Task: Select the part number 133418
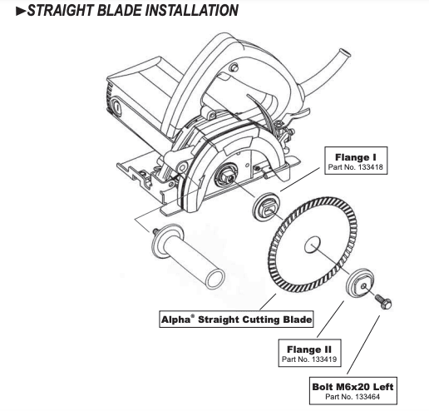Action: tap(357, 167)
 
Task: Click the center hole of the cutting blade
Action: tap(314, 245)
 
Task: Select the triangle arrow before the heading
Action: tap(8, 12)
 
